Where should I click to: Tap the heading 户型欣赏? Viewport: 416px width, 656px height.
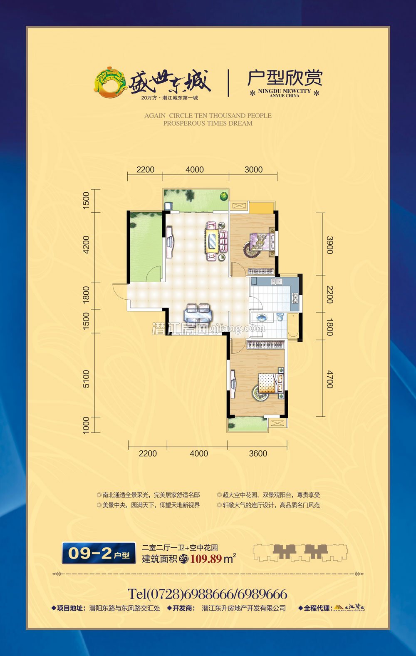click(x=285, y=78)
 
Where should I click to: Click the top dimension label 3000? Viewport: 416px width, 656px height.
click(x=253, y=169)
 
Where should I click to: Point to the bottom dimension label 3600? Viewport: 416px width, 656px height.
click(x=258, y=453)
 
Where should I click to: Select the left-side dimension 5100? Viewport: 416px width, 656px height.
click(x=86, y=379)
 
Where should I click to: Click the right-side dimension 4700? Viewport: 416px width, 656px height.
click(x=329, y=379)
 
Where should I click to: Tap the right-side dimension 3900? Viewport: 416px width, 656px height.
click(x=329, y=245)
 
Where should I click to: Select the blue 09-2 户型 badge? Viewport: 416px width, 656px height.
click(x=99, y=553)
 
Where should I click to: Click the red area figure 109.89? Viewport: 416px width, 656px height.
click(x=206, y=559)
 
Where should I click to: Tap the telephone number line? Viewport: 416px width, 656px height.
click(x=208, y=594)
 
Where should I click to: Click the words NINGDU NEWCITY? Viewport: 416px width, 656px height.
click(x=285, y=91)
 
